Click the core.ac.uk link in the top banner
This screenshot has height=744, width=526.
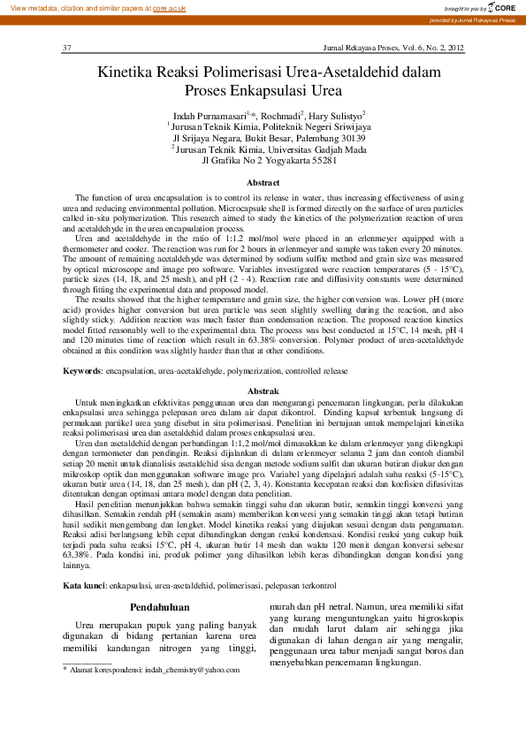(169, 7)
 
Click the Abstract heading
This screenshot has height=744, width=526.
(263, 181)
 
